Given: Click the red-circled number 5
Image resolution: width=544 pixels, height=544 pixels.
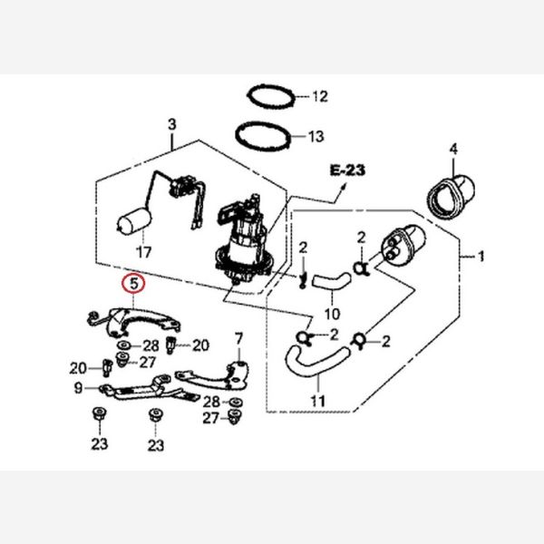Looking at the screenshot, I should pyautogui.click(x=133, y=284).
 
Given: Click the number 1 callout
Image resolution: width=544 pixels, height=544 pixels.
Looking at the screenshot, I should pyautogui.click(x=481, y=257).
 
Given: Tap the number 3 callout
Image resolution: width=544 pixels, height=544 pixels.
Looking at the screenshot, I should pyautogui.click(x=170, y=123).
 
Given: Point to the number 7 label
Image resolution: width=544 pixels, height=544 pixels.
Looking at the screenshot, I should pyautogui.click(x=239, y=339).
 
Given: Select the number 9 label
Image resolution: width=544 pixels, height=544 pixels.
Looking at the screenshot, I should pyautogui.click(x=79, y=388).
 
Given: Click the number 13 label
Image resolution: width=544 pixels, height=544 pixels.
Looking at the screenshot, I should pyautogui.click(x=315, y=138).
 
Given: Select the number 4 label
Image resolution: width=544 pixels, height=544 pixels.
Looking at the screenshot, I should pyautogui.click(x=454, y=148).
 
